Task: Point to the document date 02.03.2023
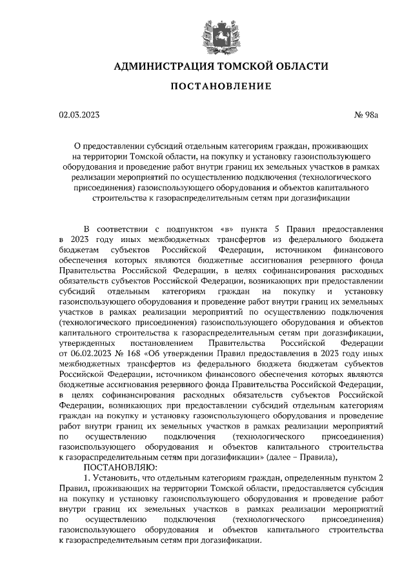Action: (x=79, y=116)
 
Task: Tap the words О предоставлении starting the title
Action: (x=107, y=146)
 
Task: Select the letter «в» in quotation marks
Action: (x=227, y=228)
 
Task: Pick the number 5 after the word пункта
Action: (x=274, y=228)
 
